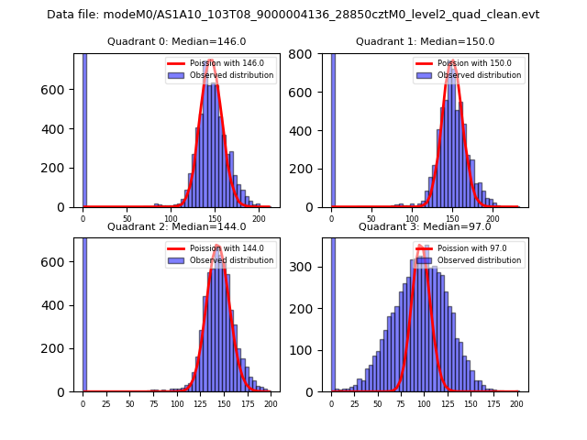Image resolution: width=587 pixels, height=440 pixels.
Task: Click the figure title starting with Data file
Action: point(293,15)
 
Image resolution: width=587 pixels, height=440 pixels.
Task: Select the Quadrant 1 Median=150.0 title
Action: point(425,41)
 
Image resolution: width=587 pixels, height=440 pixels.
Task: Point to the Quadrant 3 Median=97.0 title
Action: point(425,226)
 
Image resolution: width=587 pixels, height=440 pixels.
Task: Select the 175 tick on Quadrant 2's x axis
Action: point(247,403)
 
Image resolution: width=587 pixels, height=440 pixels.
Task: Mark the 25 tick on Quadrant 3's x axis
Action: point(355,403)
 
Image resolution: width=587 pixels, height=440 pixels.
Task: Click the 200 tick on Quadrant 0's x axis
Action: point(259,218)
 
